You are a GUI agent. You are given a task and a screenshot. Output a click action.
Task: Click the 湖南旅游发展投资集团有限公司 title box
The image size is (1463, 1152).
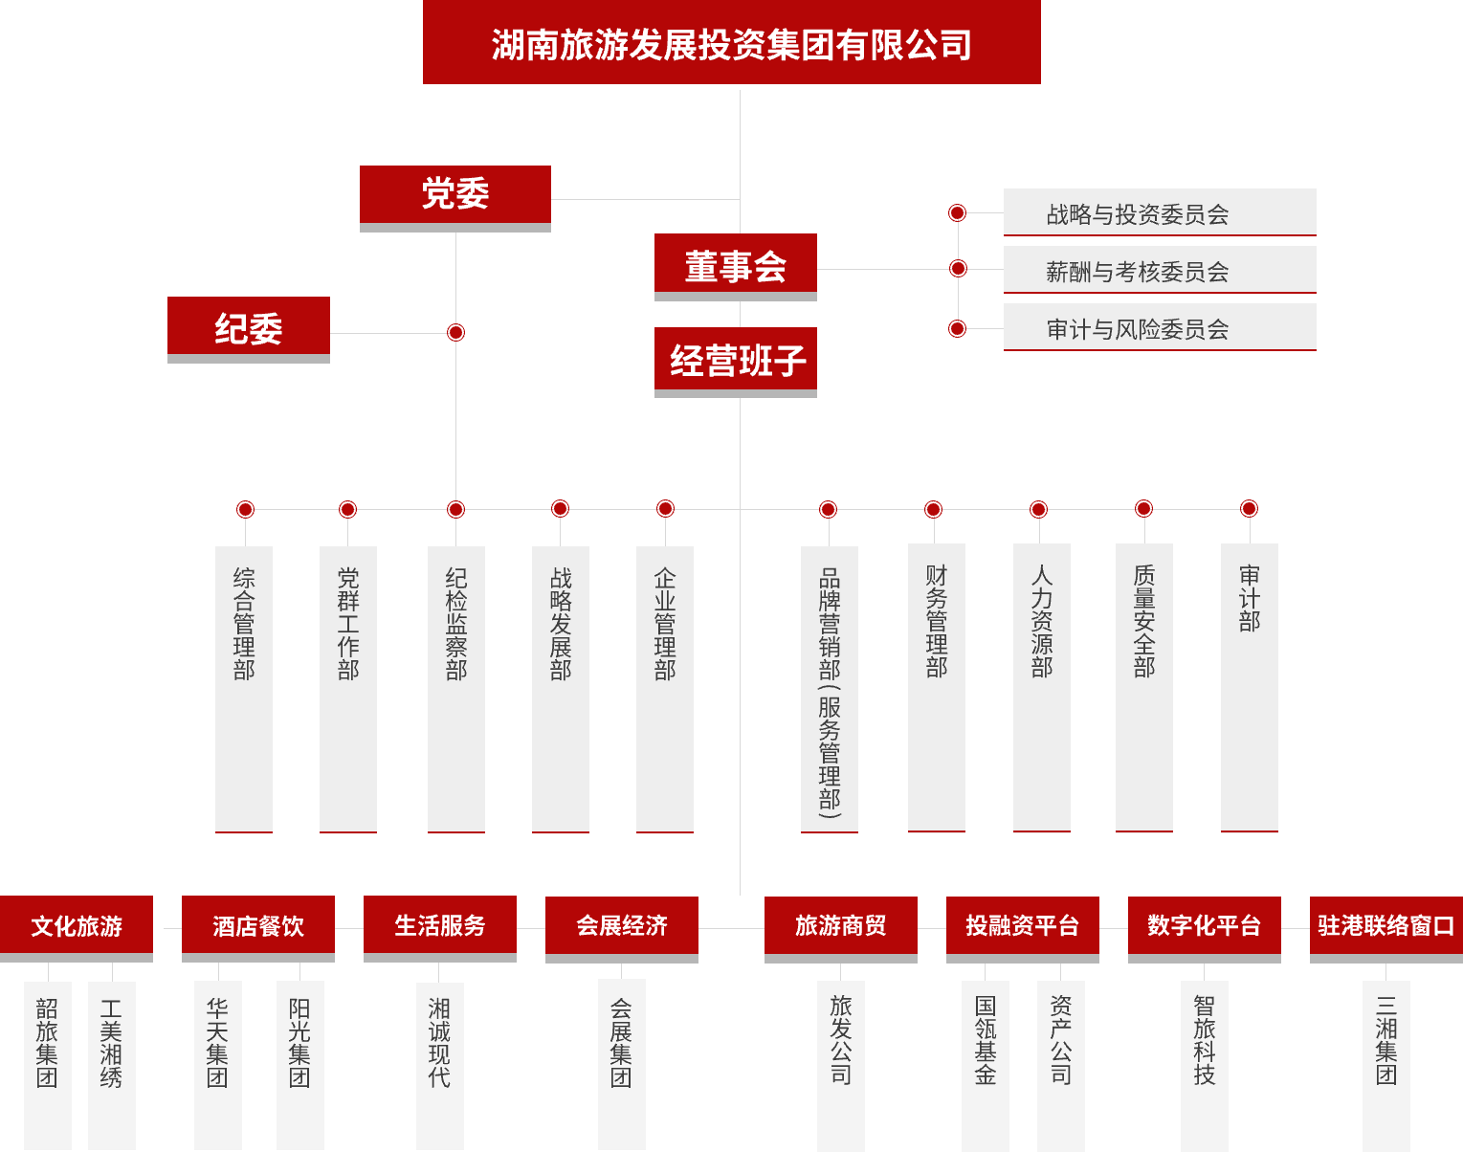pos(731,42)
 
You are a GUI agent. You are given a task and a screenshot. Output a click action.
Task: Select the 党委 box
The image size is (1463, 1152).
pos(454,198)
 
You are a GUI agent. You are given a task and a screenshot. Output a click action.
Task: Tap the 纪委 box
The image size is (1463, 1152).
pos(248,329)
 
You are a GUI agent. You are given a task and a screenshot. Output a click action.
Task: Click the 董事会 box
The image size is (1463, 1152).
pos(736,267)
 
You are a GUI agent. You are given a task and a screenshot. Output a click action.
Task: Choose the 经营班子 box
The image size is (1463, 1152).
pos(736,362)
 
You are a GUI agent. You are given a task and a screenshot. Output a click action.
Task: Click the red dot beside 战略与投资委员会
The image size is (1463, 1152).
pos(957,212)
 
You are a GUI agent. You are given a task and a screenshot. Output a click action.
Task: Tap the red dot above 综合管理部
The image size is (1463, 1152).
pos(245,509)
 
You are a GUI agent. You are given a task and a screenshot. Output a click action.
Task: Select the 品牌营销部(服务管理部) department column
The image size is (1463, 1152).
pos(830,689)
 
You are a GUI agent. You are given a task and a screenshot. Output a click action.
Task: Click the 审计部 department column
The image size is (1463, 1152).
pos(1250,688)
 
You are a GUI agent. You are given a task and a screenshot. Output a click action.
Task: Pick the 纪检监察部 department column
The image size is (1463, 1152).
pos(456,689)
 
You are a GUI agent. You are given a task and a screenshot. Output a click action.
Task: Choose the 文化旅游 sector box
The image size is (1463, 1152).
pos(77,928)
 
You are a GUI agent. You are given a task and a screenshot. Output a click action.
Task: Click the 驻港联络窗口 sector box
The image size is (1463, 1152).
pos(1386,929)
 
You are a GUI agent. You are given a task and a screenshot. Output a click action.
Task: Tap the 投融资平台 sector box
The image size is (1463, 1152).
pos(1023,929)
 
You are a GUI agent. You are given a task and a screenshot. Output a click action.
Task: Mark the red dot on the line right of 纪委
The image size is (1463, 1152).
pos(455,333)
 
